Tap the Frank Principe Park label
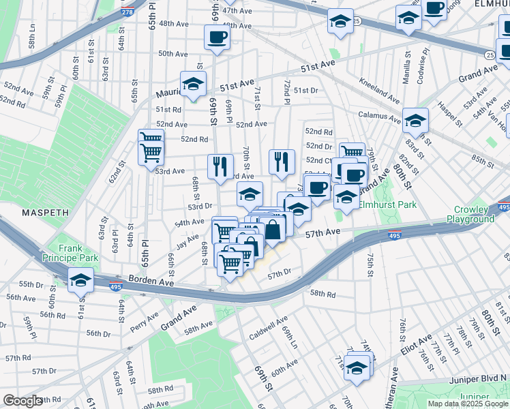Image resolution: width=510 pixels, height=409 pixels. pyautogui.click(x=78, y=253)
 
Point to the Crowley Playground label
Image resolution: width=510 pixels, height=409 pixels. pyautogui.click(x=470, y=214)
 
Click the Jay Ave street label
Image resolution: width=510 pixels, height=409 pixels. pyautogui.click(x=186, y=242)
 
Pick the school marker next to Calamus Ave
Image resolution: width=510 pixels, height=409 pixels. pyautogui.click(x=415, y=121)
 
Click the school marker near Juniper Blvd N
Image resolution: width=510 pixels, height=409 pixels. pyautogui.click(x=357, y=366)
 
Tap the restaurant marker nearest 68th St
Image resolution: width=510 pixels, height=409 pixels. pyautogui.click(x=220, y=166)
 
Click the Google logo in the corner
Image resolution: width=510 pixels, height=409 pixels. pyautogui.click(x=23, y=401)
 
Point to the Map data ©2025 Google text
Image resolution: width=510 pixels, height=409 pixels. pyautogui.click(x=467, y=404)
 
